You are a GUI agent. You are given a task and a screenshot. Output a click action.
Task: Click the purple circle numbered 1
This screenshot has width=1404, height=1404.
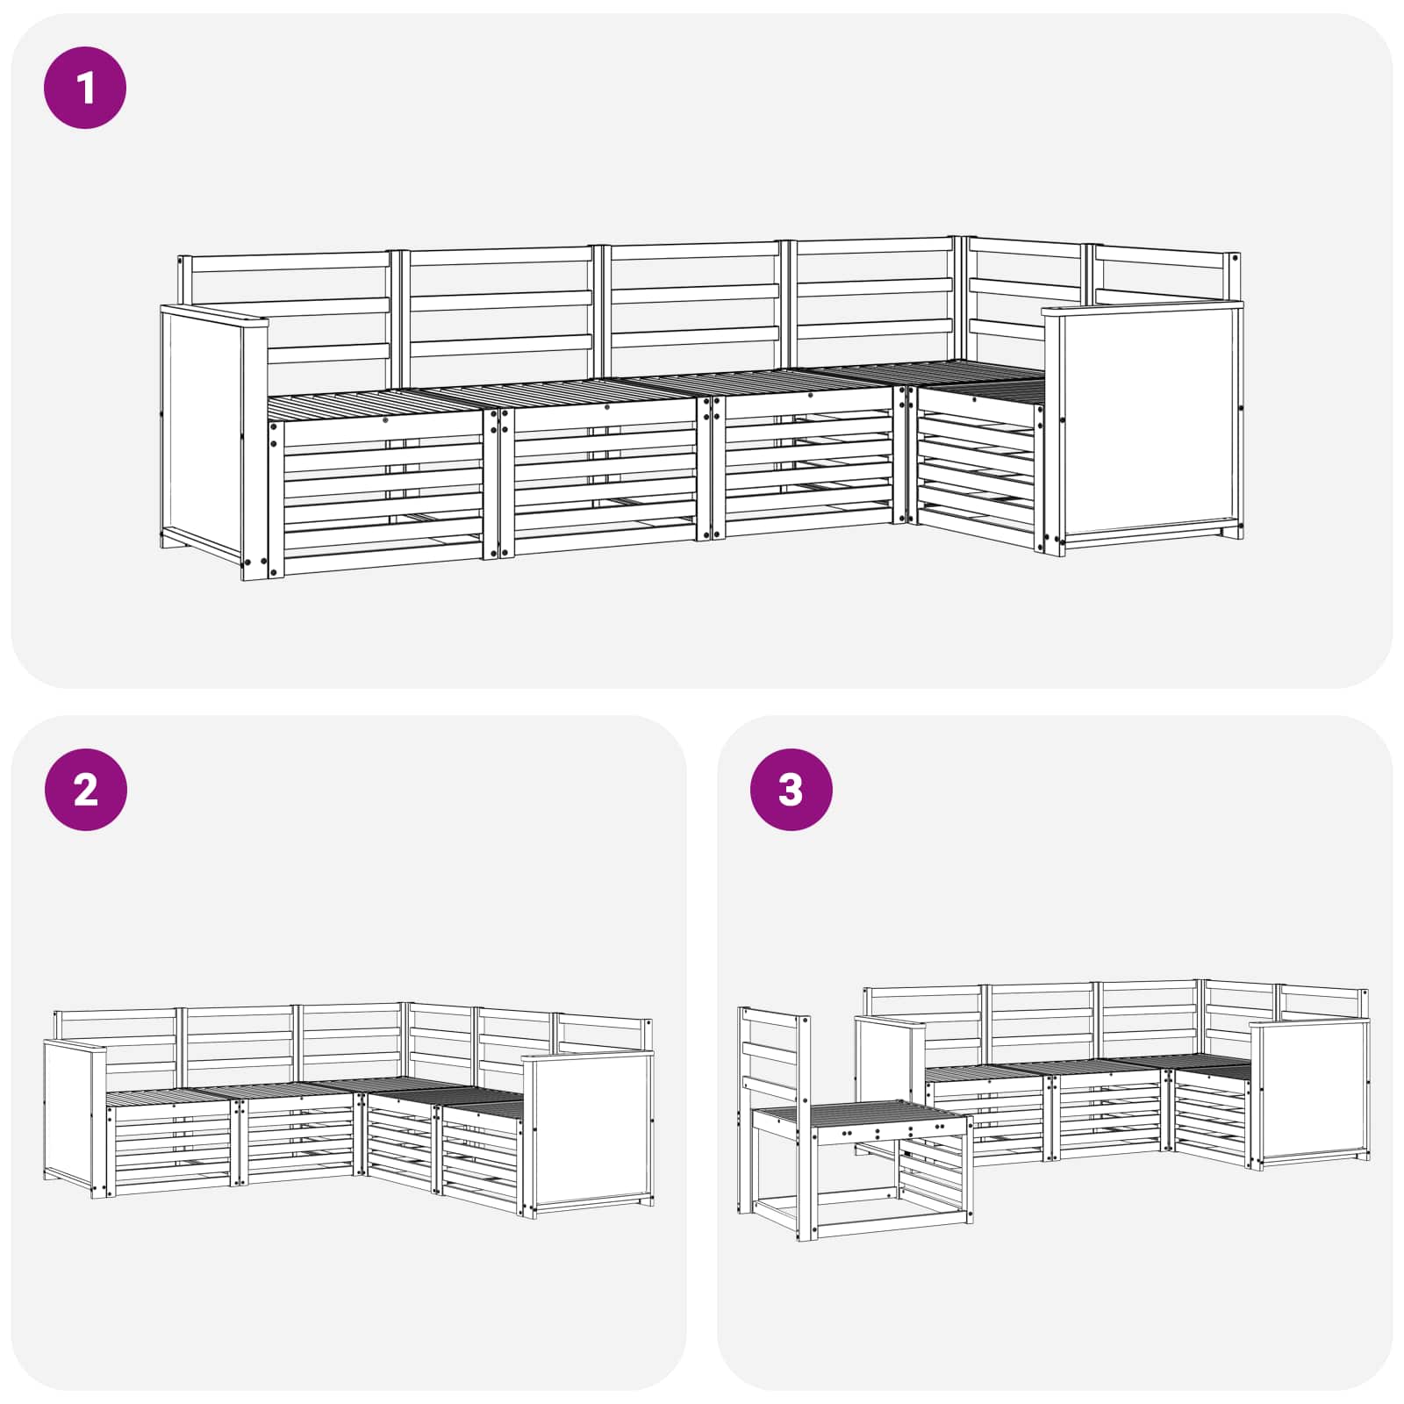click(x=85, y=89)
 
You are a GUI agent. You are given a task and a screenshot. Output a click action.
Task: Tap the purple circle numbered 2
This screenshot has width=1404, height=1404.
click(x=85, y=790)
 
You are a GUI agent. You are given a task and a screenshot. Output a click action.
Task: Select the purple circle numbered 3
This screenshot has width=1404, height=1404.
click(x=791, y=790)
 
